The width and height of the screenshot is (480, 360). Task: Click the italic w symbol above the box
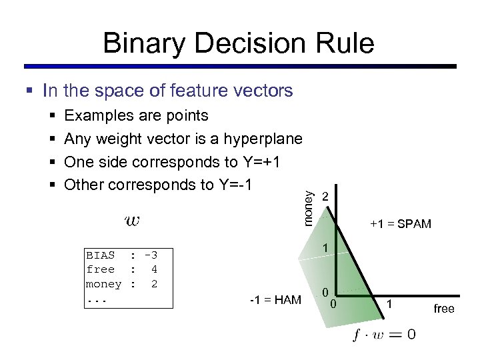pos(132,220)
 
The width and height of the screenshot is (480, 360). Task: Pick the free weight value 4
pos(154,269)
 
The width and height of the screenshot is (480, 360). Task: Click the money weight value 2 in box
pos(154,284)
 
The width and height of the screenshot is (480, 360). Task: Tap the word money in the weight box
pos(103,284)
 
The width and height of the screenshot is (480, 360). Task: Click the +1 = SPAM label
pos(401,224)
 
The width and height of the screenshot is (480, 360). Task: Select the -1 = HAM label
pos(275,300)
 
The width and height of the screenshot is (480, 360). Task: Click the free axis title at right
pos(443,309)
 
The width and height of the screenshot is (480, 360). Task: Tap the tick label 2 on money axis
pos(325,197)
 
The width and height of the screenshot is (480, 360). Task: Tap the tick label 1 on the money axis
pos(325,248)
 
